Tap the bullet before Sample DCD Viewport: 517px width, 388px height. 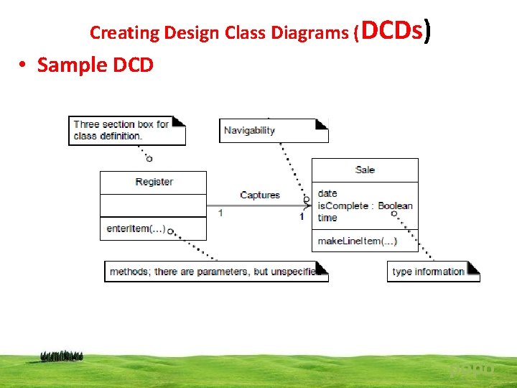tap(24, 65)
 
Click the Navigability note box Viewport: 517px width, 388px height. tap(273, 130)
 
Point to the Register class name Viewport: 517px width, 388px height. tap(154, 182)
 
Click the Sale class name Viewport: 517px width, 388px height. tap(365, 170)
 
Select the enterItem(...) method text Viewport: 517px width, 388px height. tap(136, 228)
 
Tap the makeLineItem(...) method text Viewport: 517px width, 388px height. tap(357, 241)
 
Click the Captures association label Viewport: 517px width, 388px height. tap(259, 195)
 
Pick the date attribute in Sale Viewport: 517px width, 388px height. tap(327, 193)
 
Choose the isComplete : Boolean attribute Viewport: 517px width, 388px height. tap(365, 205)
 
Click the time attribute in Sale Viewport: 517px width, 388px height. tap(327, 218)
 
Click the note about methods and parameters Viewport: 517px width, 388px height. tap(215, 272)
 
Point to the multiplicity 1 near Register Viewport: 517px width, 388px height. tap(220, 213)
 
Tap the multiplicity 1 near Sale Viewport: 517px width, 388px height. tap(302, 216)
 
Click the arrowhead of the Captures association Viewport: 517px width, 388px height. tap(307, 205)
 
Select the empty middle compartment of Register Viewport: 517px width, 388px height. tap(153, 205)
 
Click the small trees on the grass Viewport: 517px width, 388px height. tap(62, 355)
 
